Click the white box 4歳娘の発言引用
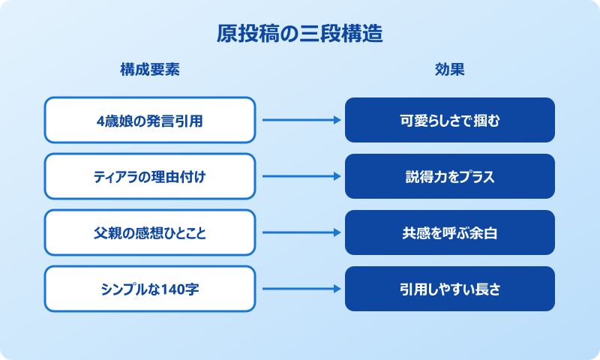tap(150, 120)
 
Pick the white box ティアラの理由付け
tap(150, 176)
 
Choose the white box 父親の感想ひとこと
tap(150, 232)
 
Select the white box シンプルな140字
tap(150, 289)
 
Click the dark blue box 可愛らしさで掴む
tap(450, 120)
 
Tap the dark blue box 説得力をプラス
tap(450, 176)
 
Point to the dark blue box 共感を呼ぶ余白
tap(450, 232)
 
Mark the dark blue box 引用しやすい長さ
tap(450, 289)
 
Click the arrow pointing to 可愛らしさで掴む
tap(300, 120)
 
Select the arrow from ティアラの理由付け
tap(300, 176)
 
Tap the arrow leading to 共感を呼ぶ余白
tap(300, 232)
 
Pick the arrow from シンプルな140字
tap(300, 289)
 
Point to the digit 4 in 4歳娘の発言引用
tap(101, 120)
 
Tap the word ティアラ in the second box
tap(109, 176)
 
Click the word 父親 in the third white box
tap(106, 232)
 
